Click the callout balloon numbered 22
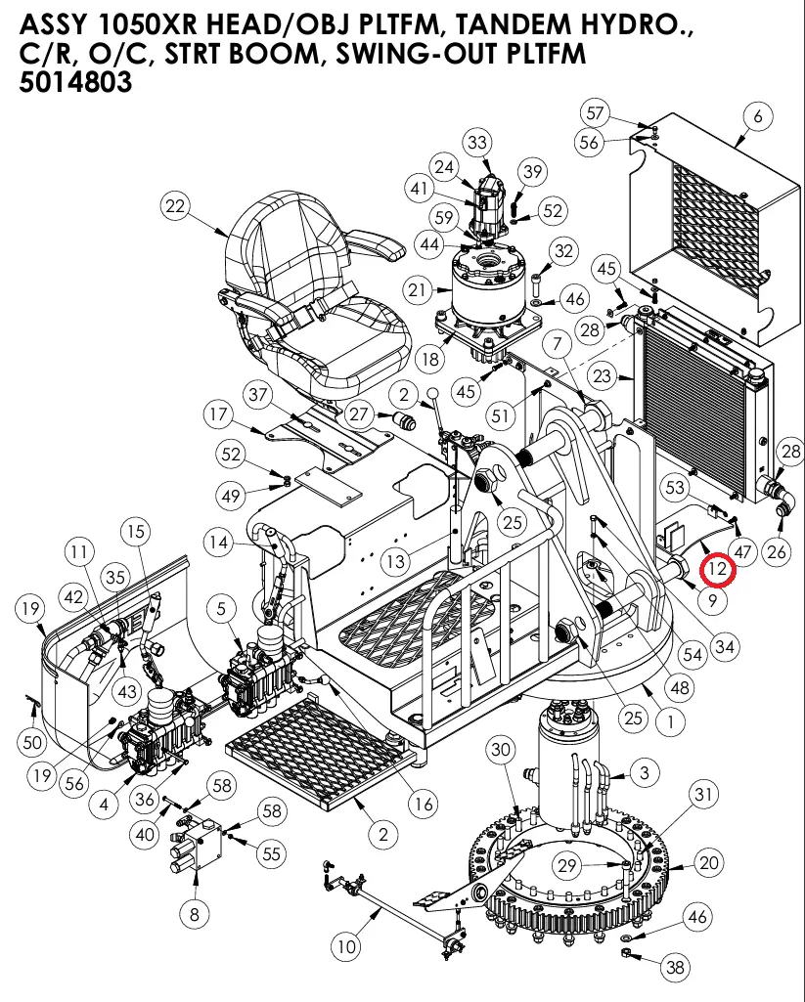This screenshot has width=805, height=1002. click(x=175, y=206)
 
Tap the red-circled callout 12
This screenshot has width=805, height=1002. click(x=719, y=568)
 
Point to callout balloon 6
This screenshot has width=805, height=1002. click(x=757, y=116)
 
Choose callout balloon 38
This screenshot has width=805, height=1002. click(x=675, y=968)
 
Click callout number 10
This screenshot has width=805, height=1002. click(x=346, y=946)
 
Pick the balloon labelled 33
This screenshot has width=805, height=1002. click(x=477, y=143)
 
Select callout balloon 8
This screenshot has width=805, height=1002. click(x=195, y=913)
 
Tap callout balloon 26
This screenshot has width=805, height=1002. click(x=777, y=552)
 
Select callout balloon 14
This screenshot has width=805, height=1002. click(x=218, y=543)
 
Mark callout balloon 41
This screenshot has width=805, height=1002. click(x=421, y=189)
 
